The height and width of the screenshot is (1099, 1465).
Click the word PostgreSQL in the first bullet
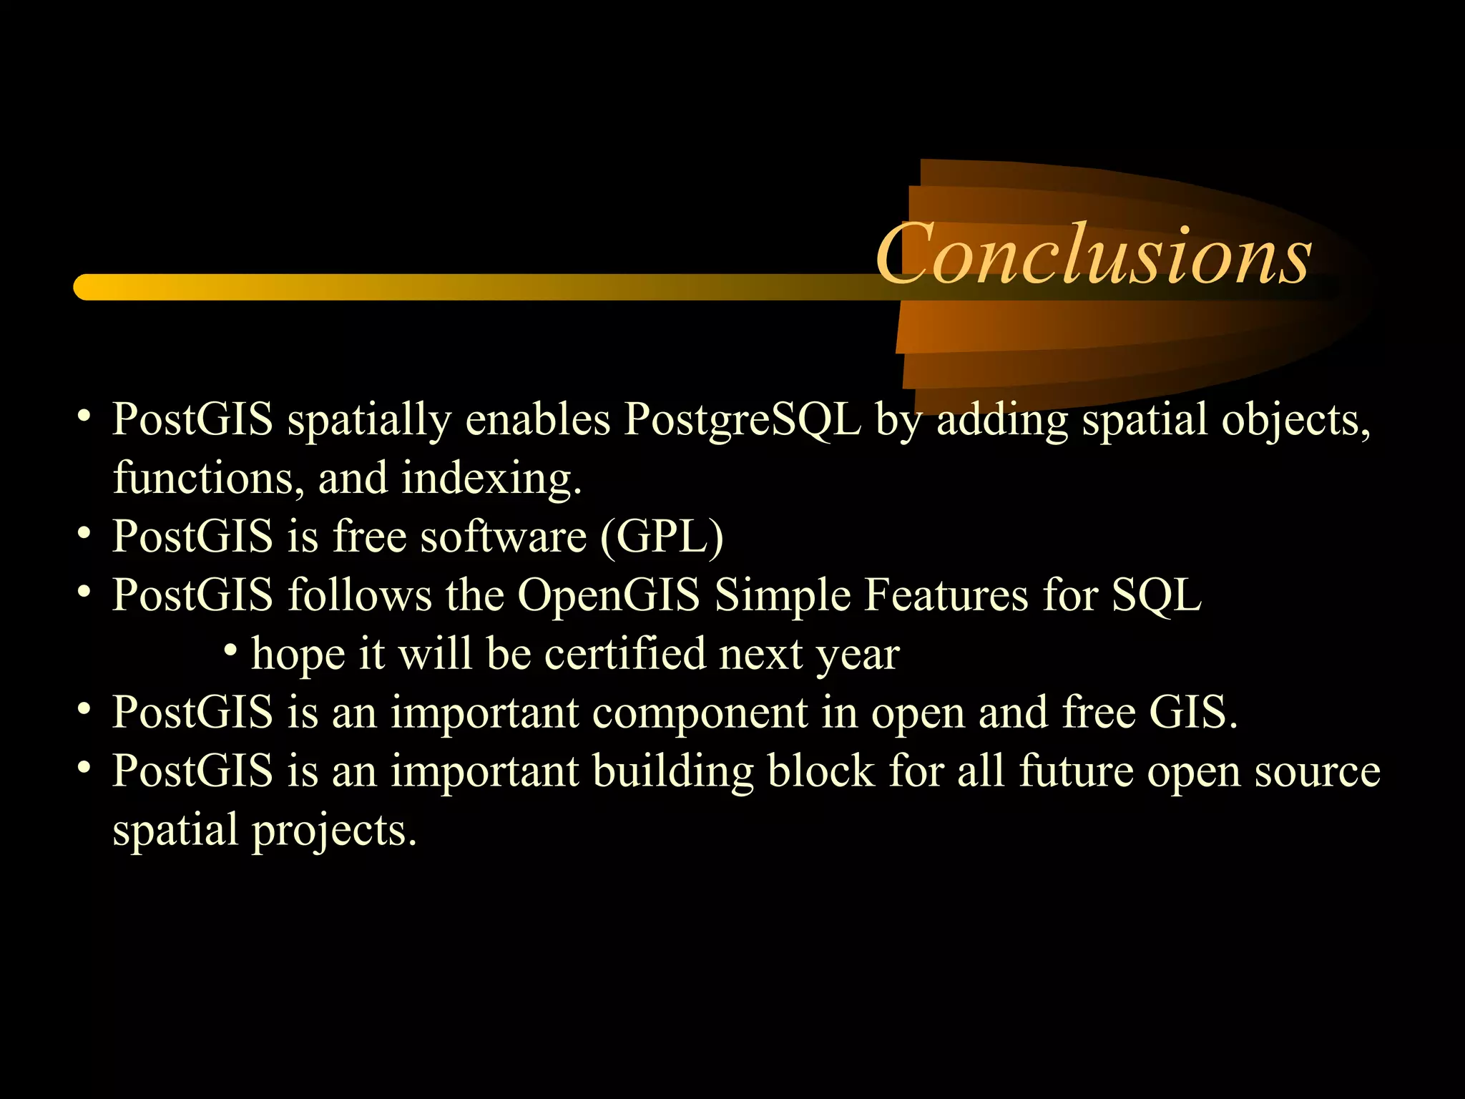pos(742,419)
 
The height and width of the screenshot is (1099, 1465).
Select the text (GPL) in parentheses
pos(662,537)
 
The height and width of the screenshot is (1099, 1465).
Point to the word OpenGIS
pos(608,595)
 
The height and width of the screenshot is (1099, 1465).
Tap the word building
pos(672,771)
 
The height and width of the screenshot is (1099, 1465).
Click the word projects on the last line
pos(333,831)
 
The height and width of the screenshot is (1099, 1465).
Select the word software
pos(503,537)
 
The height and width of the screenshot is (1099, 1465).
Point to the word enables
pos(537,419)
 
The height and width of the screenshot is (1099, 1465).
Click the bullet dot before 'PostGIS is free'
pos(84,533)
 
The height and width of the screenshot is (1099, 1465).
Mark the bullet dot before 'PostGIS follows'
pos(84,592)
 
